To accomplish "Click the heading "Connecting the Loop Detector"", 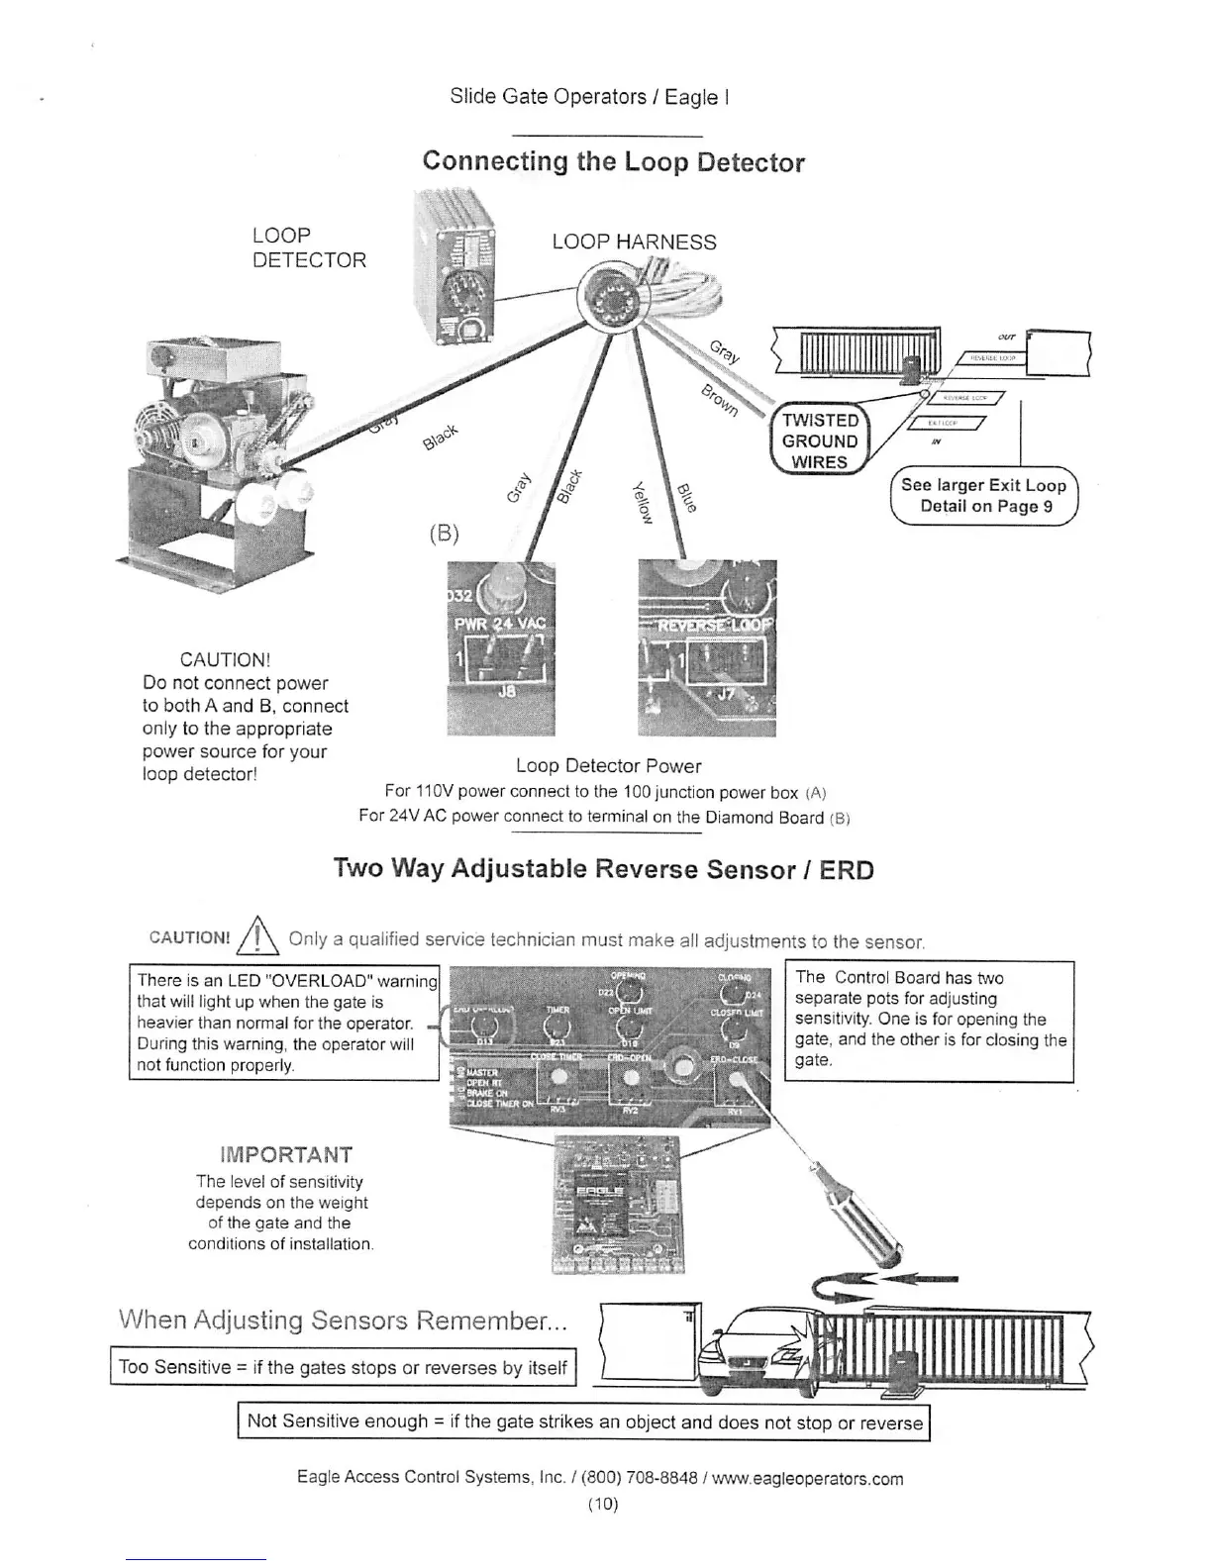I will click(613, 161).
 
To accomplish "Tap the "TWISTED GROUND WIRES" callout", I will click(819, 441).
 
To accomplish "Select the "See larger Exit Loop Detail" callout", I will click(983, 495).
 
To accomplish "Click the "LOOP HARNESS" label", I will click(634, 243).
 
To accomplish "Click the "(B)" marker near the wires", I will click(445, 534).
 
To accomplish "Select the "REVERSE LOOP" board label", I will click(706, 623).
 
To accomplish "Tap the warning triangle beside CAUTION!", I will click(256, 936).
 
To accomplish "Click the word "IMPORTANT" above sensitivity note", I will click(285, 1155).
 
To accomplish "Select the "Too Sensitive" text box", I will click(343, 1368).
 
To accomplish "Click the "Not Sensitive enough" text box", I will click(584, 1422).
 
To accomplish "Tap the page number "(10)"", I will click(602, 1505).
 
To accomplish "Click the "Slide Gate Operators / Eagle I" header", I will click(589, 97).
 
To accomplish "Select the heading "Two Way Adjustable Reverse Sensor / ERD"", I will click(604, 869).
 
